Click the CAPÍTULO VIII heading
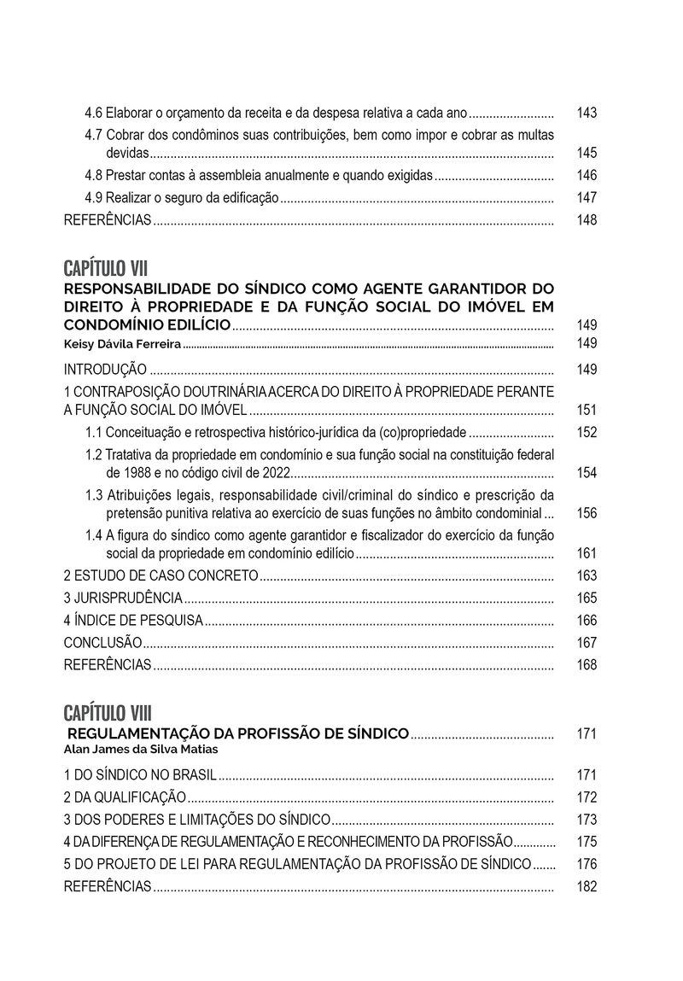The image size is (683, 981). pyautogui.click(x=109, y=712)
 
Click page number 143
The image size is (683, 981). pyautogui.click(x=587, y=113)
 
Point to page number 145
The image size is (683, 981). pyautogui.click(x=587, y=154)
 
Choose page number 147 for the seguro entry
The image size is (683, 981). pyautogui.click(x=587, y=198)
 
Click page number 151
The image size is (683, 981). pyautogui.click(x=587, y=410)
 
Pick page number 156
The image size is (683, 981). pyautogui.click(x=587, y=514)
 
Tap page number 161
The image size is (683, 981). pyautogui.click(x=587, y=554)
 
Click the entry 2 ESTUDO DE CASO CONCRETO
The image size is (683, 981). pyautogui.click(x=161, y=576)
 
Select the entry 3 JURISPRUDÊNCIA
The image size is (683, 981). pyautogui.click(x=124, y=599)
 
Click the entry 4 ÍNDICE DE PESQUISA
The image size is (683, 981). pyautogui.click(x=134, y=621)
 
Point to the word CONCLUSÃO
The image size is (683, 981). pyautogui.click(x=103, y=643)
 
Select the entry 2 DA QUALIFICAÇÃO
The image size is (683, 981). pyautogui.click(x=125, y=797)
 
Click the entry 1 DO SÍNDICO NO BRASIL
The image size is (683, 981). pyautogui.click(x=140, y=775)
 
